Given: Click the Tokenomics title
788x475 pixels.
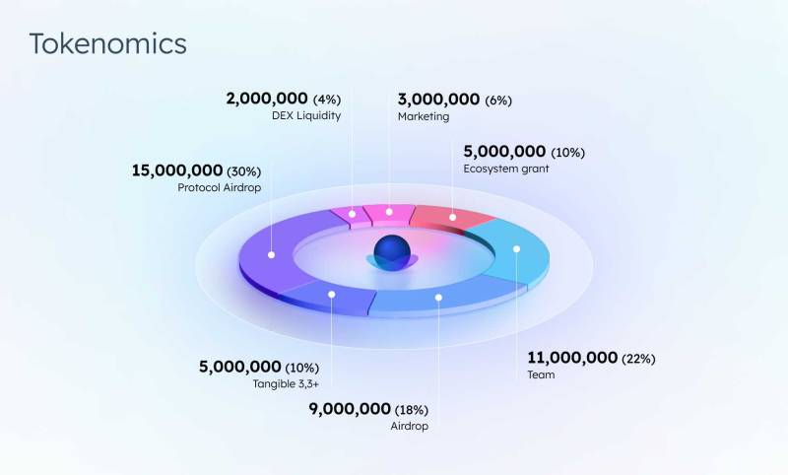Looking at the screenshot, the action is tap(108, 43).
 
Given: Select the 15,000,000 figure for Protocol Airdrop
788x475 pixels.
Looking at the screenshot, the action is tap(177, 170).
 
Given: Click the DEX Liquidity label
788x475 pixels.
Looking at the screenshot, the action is tap(306, 115).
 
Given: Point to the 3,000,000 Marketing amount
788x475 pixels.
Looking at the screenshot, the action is tap(438, 100).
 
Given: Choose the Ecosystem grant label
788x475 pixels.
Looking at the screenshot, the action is tap(506, 169).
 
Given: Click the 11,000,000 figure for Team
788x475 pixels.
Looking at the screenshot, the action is tap(572, 358).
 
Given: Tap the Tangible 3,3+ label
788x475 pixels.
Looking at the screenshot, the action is tap(286, 384).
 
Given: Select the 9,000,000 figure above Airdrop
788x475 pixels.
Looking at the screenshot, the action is tap(350, 409).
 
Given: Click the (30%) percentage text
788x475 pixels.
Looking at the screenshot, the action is tap(243, 171).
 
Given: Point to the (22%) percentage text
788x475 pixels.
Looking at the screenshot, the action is tap(638, 359).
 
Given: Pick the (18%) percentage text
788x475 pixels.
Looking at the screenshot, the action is tap(412, 410).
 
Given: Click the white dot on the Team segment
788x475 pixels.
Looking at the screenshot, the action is tap(516, 248).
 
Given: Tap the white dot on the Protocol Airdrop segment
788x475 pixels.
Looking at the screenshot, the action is tap(272, 255).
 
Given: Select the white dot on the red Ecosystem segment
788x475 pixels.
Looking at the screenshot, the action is tap(453, 217).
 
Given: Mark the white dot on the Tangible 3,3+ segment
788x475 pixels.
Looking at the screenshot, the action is tap(332, 294).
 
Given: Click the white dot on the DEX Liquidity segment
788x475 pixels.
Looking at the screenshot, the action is tap(353, 214).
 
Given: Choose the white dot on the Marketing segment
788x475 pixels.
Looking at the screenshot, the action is tap(389, 212).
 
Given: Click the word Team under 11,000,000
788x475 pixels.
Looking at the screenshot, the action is tap(541, 374).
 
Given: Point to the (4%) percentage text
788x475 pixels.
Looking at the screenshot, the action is tap(327, 100).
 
